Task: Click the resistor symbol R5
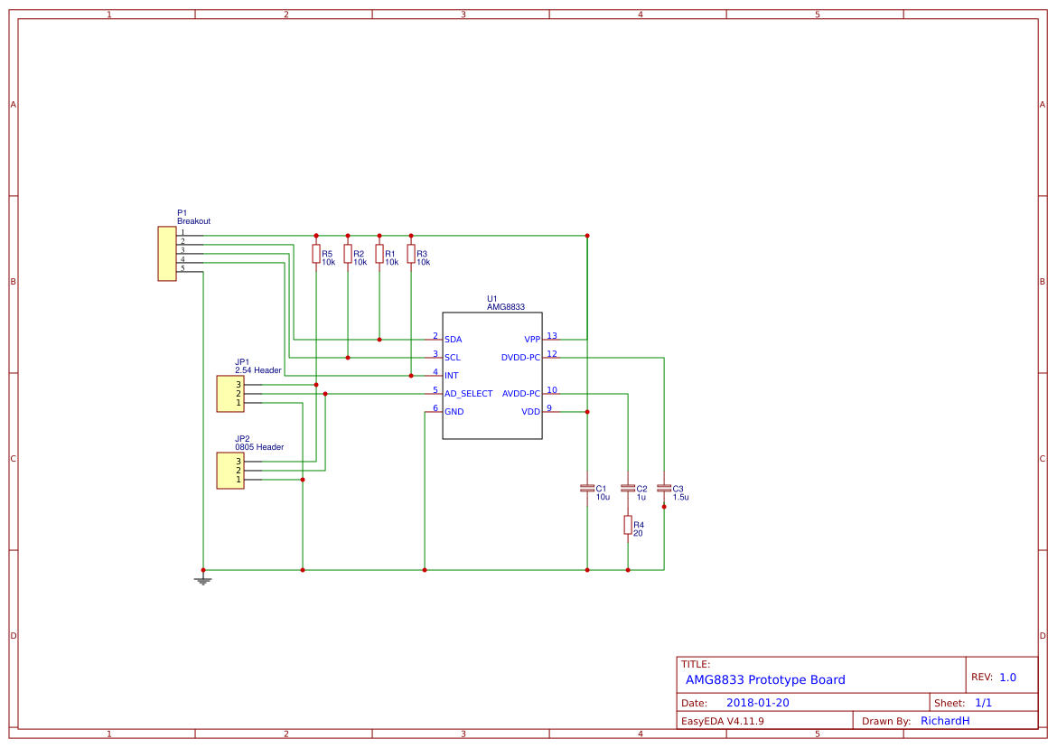(316, 254)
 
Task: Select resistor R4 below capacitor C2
(628, 525)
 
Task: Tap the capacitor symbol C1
(587, 488)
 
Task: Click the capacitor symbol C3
(664, 488)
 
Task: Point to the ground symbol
(203, 580)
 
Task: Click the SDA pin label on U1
(454, 340)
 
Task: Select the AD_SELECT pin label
(469, 394)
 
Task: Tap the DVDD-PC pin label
(520, 358)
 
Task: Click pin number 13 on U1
(552, 336)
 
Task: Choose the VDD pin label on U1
(530, 412)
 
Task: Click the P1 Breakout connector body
(167, 254)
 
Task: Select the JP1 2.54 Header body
(230, 394)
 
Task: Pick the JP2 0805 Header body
(230, 471)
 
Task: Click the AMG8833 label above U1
(506, 307)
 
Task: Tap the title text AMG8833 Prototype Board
(765, 680)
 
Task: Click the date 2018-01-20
(757, 703)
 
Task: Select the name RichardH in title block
(945, 721)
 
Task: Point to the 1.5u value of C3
(680, 497)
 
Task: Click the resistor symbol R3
(411, 254)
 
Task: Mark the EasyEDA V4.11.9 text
(722, 721)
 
